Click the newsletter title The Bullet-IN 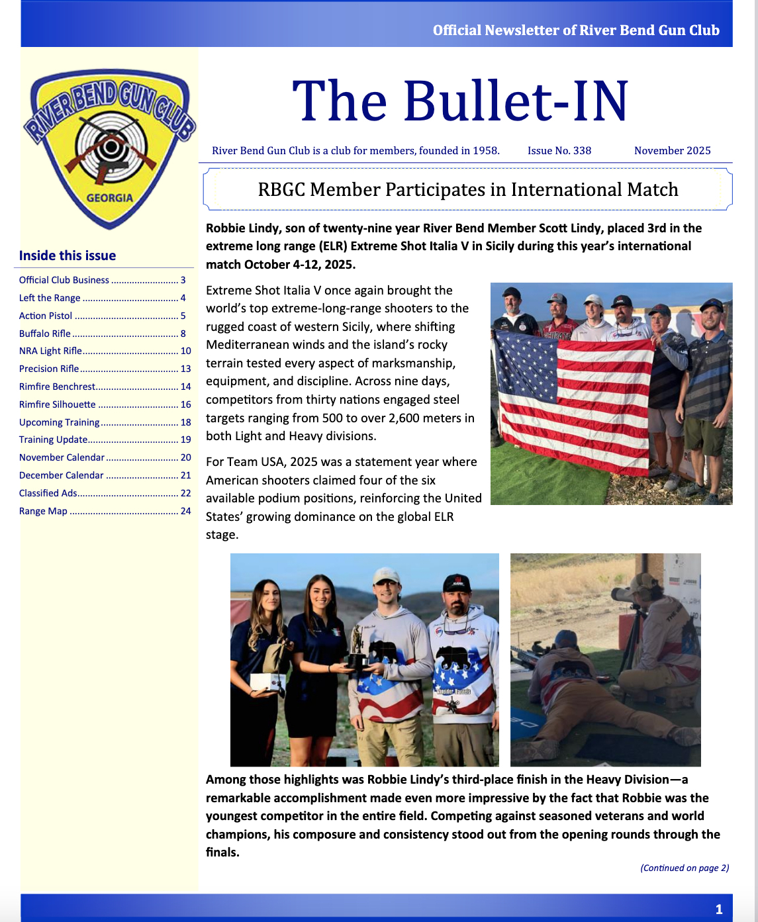coord(460,101)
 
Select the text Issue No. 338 coord(559,151)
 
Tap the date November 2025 coord(672,151)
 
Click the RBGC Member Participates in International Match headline coord(467,190)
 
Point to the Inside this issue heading coord(68,255)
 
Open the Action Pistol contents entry coord(46,316)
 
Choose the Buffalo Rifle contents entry coord(44,334)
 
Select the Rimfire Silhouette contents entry coord(58,404)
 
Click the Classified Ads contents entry coord(48,493)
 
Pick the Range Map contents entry coord(43,511)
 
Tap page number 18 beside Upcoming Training coord(185,422)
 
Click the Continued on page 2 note coord(685,868)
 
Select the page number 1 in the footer coord(719,909)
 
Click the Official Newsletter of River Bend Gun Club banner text coord(576,30)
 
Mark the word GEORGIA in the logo coord(110,198)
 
